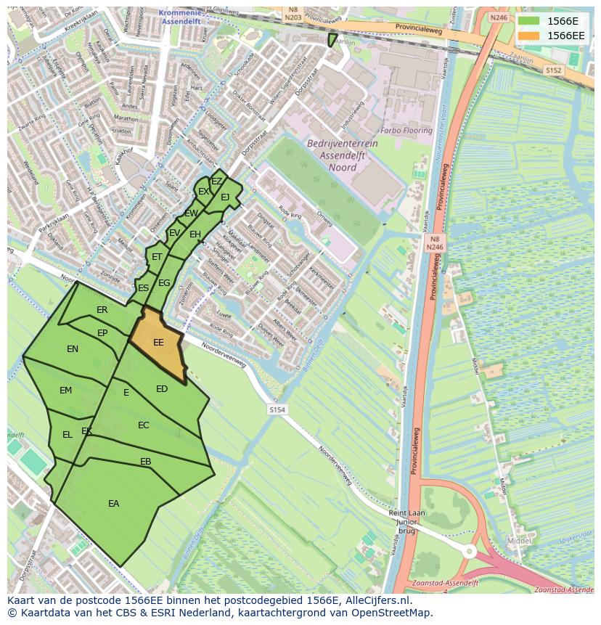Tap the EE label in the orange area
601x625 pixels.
[158, 343]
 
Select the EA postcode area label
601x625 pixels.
[113, 504]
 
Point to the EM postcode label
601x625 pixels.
[66, 391]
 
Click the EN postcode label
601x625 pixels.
[73, 349]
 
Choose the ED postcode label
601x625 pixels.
[162, 389]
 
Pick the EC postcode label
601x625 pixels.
[144, 425]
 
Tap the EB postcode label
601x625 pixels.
[146, 462]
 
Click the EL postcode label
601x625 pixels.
[67, 435]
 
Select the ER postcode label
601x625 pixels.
[102, 310]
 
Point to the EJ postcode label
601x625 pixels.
[225, 197]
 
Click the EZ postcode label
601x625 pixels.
[216, 181]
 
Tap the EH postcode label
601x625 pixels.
[195, 234]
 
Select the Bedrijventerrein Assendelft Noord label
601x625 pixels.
[343, 155]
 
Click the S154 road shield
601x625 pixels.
[277, 410]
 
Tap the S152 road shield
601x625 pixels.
[554, 70]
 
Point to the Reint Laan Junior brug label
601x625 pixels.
[401, 520]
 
